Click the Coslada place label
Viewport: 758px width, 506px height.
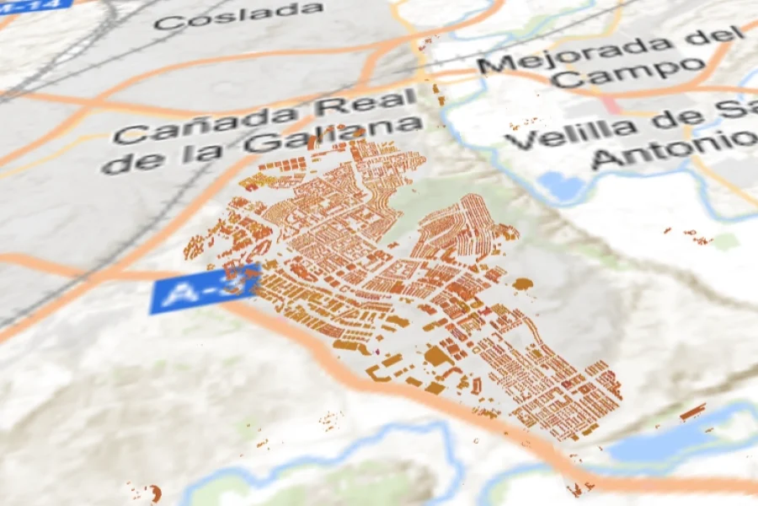tap(238, 15)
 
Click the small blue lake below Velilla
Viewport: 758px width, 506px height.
tap(558, 185)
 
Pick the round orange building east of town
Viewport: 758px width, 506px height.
tap(523, 284)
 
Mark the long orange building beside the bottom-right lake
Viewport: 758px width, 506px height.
tap(692, 412)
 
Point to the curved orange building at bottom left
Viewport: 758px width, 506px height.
tap(155, 493)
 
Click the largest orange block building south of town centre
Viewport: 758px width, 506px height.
tap(438, 356)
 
